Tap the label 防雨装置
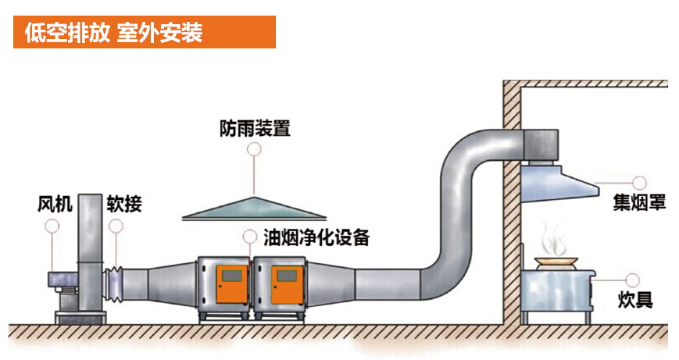pos(255,127)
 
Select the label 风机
pos(55,205)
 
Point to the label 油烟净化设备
pos(316,237)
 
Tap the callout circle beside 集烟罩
pos(639,184)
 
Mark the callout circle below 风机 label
pos(52,226)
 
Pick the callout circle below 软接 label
pos(116,226)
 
